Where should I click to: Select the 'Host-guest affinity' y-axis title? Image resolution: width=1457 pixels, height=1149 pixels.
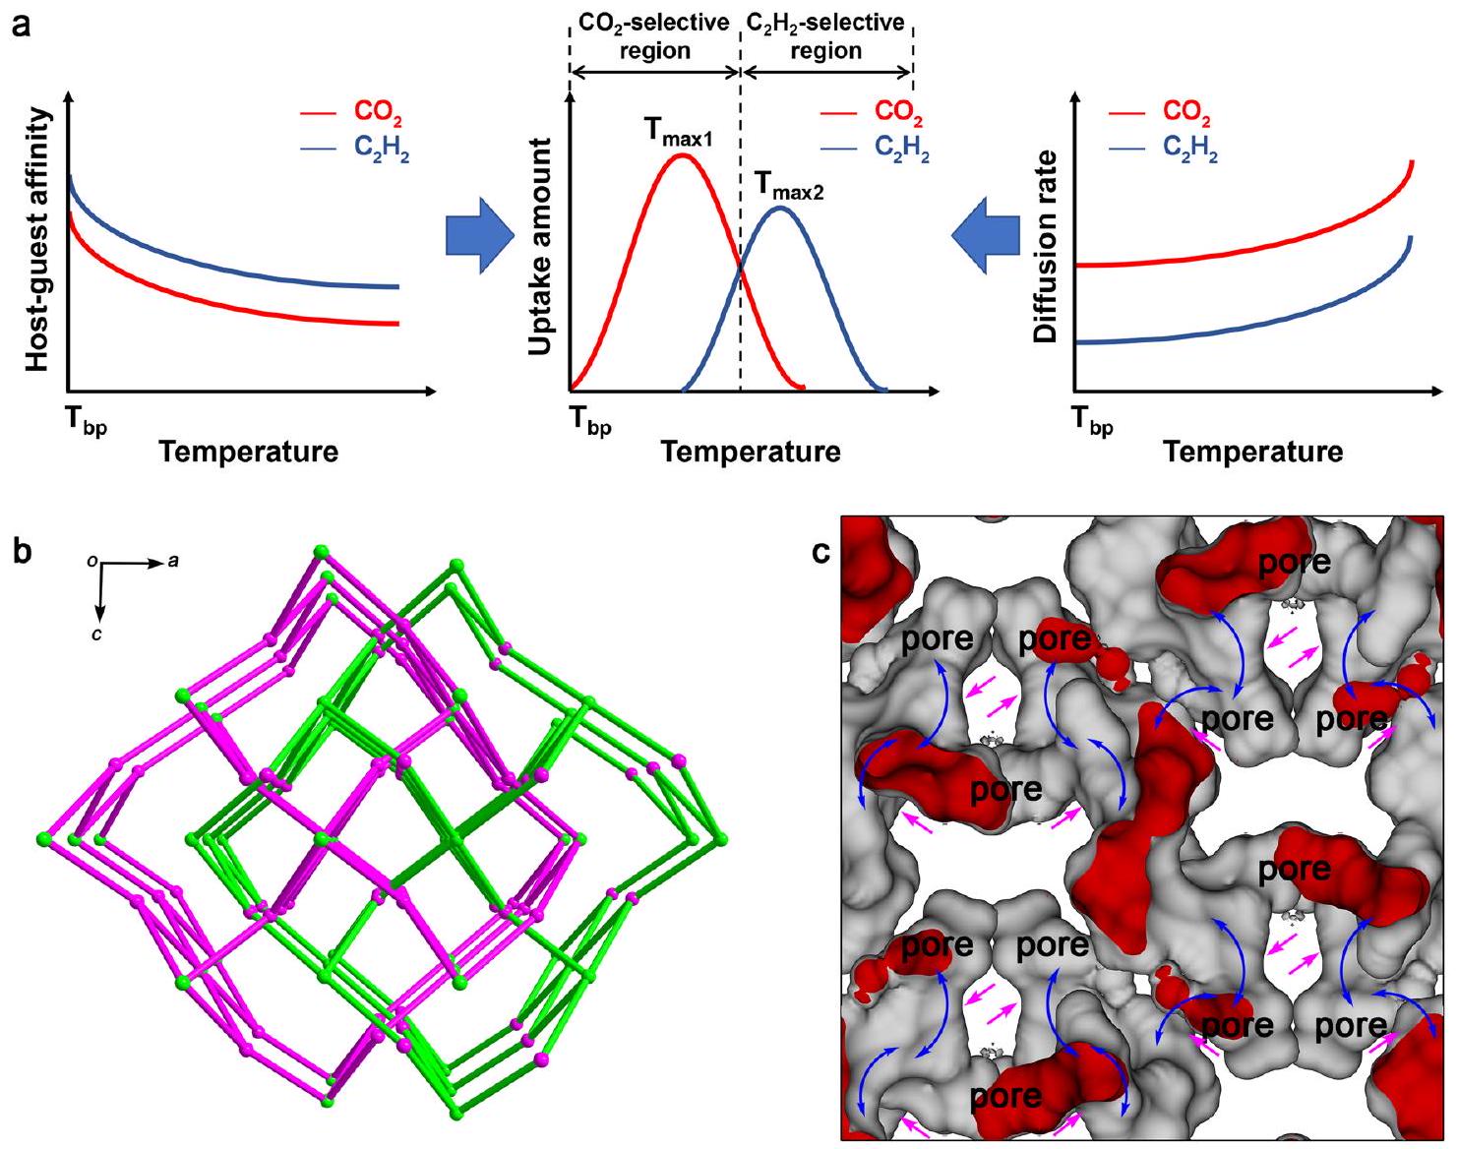point(37,240)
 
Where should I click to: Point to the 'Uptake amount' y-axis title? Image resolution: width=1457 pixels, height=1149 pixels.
point(540,247)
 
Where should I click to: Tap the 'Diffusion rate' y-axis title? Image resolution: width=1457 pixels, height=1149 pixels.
point(1045,247)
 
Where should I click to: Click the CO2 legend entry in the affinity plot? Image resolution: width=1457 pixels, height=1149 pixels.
point(353,116)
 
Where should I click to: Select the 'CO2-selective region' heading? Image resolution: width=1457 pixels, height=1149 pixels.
point(654,36)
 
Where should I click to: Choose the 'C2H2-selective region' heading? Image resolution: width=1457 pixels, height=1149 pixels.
point(825,36)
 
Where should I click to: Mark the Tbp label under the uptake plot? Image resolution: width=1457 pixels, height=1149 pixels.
point(590,423)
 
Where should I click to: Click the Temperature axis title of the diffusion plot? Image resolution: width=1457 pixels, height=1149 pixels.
point(1252,452)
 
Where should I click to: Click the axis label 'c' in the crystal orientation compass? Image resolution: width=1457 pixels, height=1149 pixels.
point(97,635)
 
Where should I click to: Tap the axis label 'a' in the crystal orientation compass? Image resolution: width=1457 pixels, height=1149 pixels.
point(171,562)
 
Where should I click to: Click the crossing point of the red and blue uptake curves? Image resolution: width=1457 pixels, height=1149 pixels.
point(741,268)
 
